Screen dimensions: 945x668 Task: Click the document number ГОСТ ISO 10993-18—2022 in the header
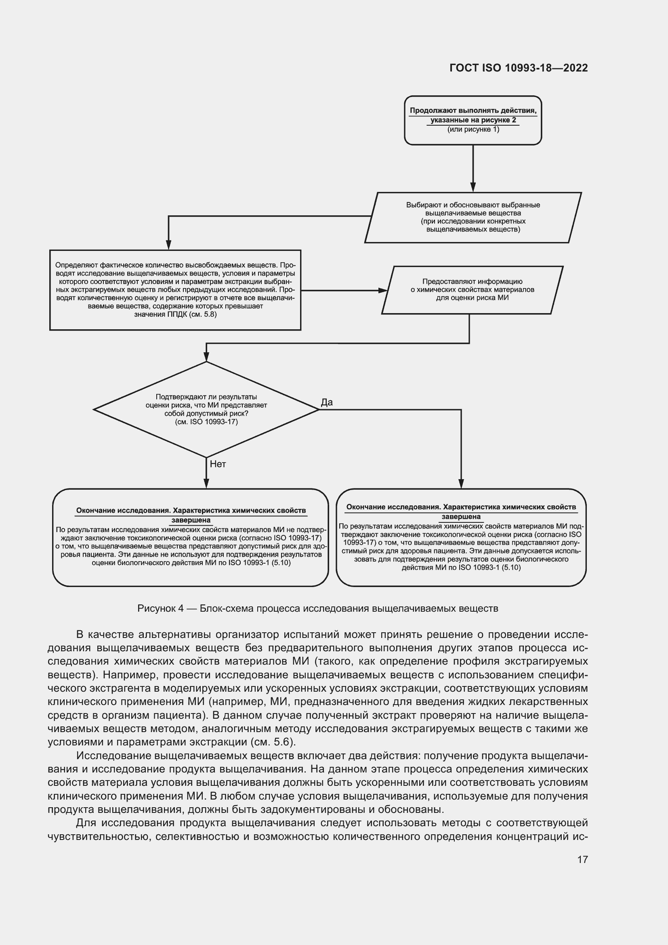click(x=518, y=68)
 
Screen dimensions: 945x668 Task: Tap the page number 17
click(x=582, y=859)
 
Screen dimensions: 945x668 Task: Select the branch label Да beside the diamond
click(x=327, y=402)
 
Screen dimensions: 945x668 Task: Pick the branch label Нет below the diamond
click(x=218, y=464)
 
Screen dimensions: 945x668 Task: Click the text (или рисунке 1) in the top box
click(x=473, y=130)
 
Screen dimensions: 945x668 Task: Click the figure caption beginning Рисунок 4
click(x=317, y=608)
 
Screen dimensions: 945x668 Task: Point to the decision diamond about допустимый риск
click(x=206, y=410)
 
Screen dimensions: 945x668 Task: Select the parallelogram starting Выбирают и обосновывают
click(x=473, y=217)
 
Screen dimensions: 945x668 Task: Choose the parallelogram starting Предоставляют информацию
click(x=472, y=290)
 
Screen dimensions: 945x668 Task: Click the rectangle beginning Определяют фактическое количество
click(x=175, y=290)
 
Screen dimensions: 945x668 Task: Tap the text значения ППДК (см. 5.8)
click(x=175, y=314)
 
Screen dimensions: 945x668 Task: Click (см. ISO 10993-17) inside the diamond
click(x=206, y=422)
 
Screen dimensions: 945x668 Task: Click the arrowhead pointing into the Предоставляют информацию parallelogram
click(x=383, y=290)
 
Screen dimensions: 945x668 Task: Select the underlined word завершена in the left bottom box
click(x=191, y=520)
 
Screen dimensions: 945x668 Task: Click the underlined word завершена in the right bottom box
click(x=461, y=517)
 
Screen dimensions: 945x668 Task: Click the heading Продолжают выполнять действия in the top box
click(x=473, y=111)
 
